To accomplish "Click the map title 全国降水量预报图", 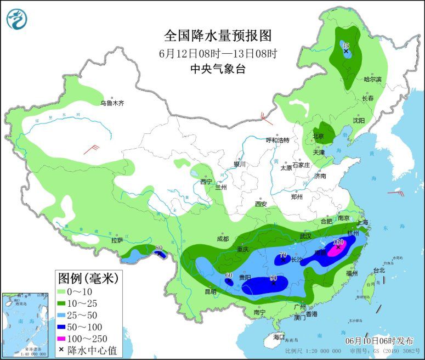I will pos(218,36).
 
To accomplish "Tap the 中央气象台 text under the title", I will pos(218,69).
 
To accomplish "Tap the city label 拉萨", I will pos(117,240).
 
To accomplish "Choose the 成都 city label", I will pos(222,239).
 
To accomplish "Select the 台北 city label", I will pos(379,270).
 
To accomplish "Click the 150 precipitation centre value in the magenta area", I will pos(338,242).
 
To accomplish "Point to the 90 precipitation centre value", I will pos(273,278).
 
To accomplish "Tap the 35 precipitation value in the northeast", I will pos(345,46).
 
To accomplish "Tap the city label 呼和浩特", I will pos(277,140).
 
